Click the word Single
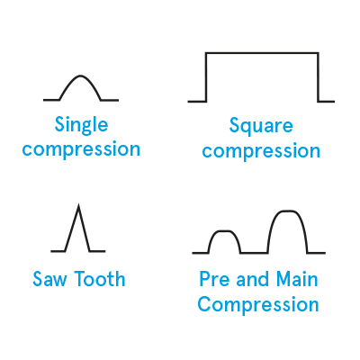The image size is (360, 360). point(81,125)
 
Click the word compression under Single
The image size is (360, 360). point(81,148)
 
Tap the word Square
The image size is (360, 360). point(261,127)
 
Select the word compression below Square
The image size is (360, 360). point(261,150)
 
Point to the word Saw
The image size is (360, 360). point(50,279)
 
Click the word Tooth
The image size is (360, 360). point(100,279)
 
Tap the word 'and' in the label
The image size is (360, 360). point(253,279)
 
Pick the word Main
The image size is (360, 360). point(297,279)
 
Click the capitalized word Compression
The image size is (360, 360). point(258,305)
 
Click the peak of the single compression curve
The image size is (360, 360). point(80,76)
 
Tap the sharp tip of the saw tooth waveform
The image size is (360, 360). point(78,206)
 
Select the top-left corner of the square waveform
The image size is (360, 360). point(206,53)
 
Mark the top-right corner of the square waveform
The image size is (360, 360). point(318,53)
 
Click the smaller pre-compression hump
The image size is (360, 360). point(224,231)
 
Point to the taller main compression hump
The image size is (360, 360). point(287,211)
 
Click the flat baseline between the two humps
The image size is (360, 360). point(254,253)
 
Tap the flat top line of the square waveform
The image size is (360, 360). point(262,53)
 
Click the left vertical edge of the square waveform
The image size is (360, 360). point(206,77)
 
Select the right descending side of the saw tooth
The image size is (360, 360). point(84,229)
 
